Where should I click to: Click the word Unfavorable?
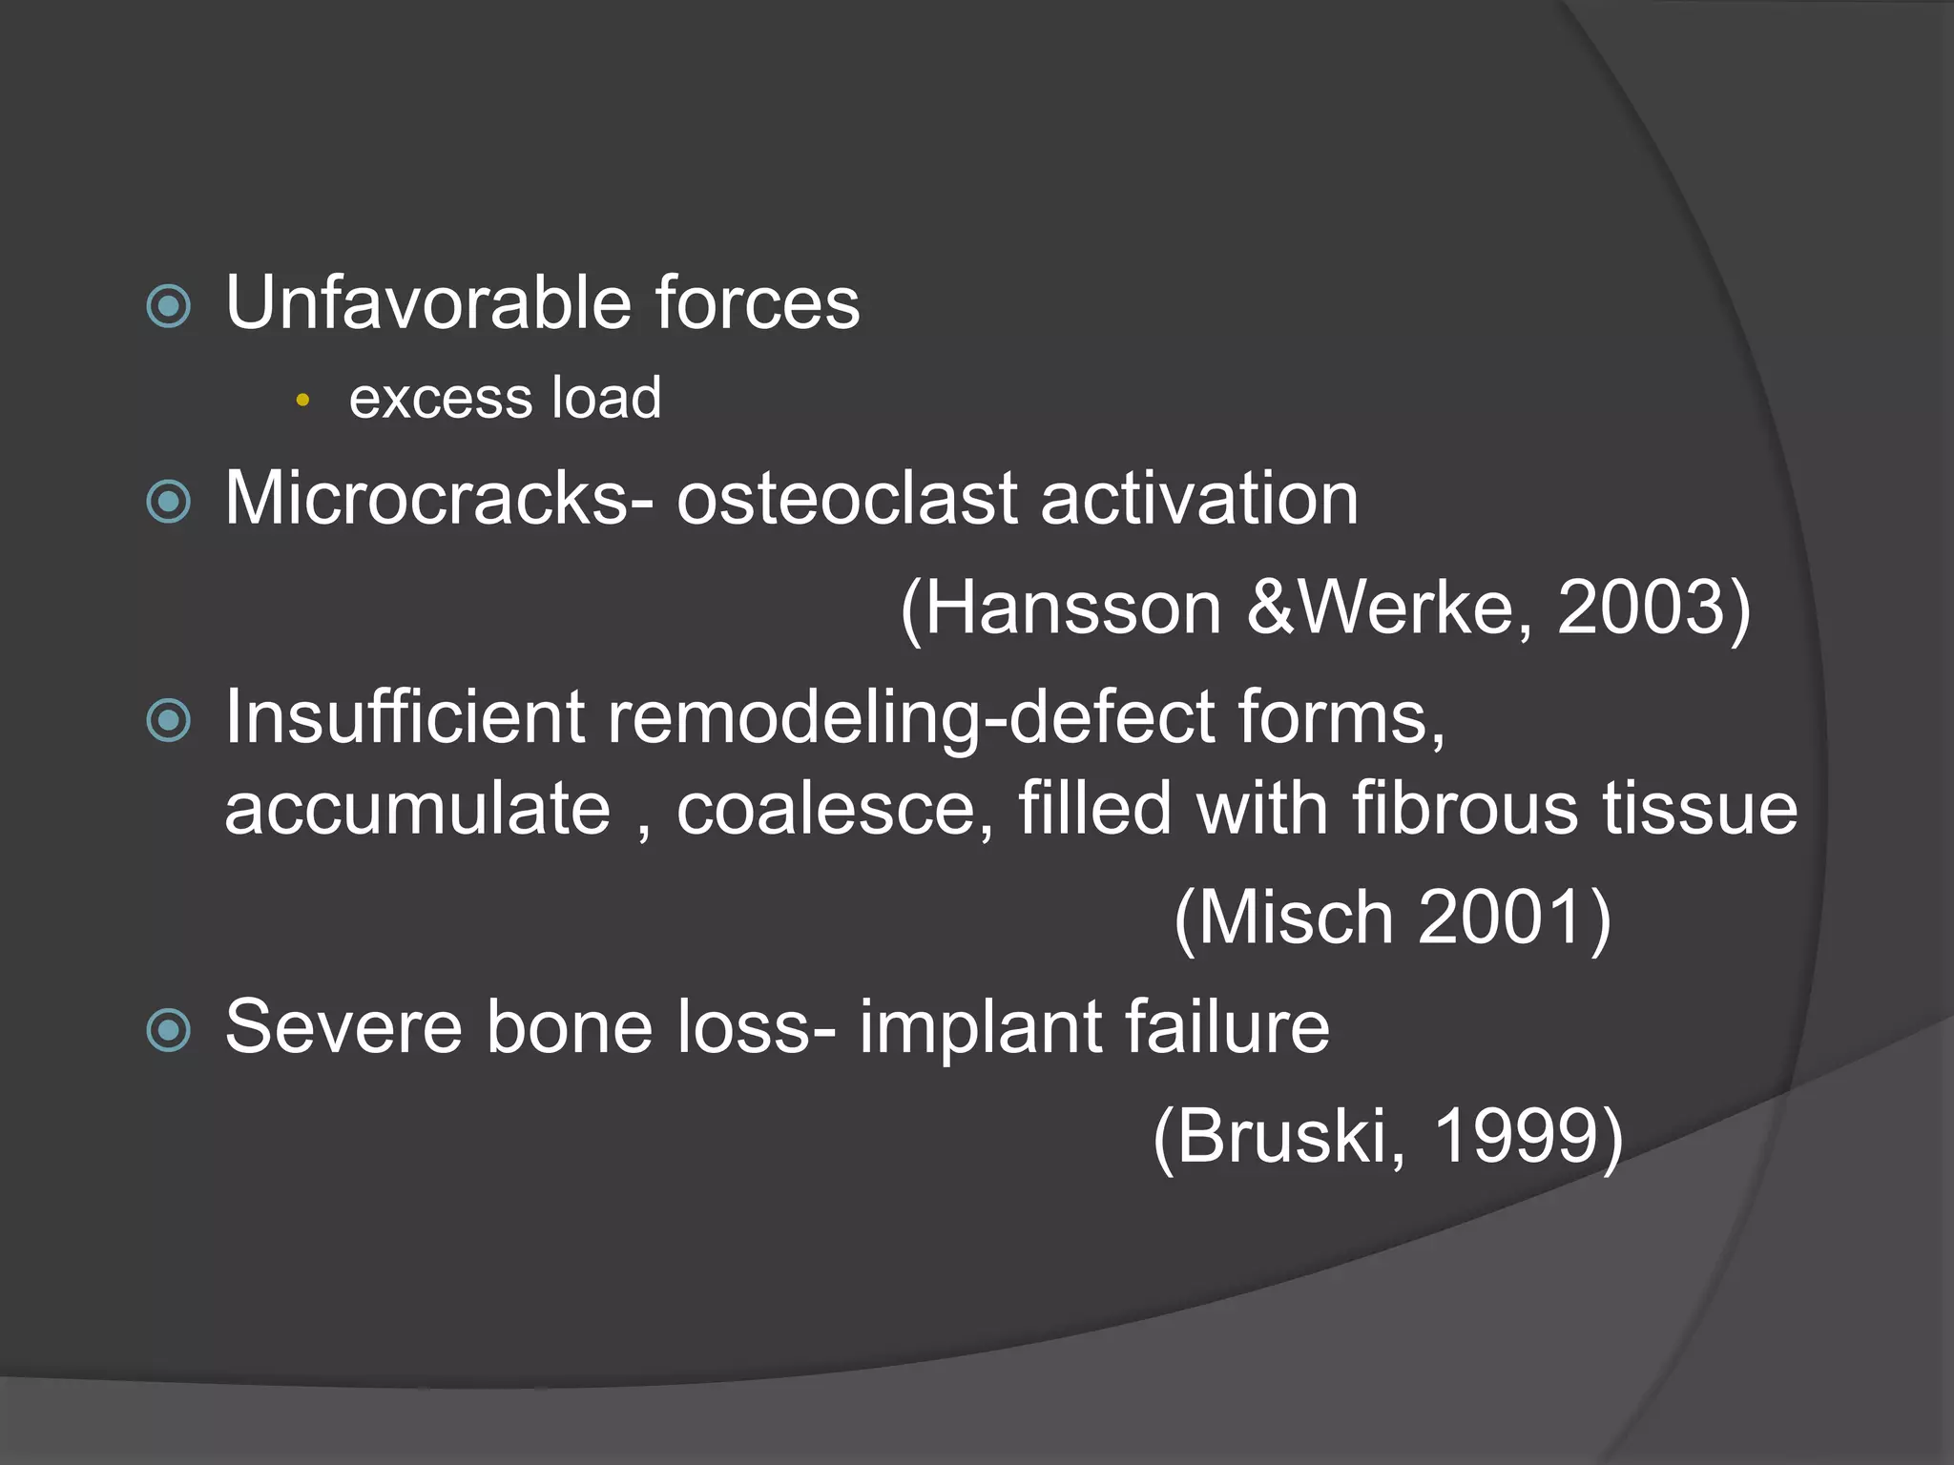(x=428, y=303)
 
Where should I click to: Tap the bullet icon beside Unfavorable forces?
(x=169, y=306)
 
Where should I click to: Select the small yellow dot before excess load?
(x=302, y=401)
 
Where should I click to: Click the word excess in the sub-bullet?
(x=426, y=399)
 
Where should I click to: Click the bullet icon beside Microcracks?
(x=169, y=502)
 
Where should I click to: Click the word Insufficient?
(x=405, y=716)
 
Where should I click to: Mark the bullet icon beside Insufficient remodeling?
(x=169, y=720)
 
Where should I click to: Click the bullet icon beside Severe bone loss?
(x=169, y=1030)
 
